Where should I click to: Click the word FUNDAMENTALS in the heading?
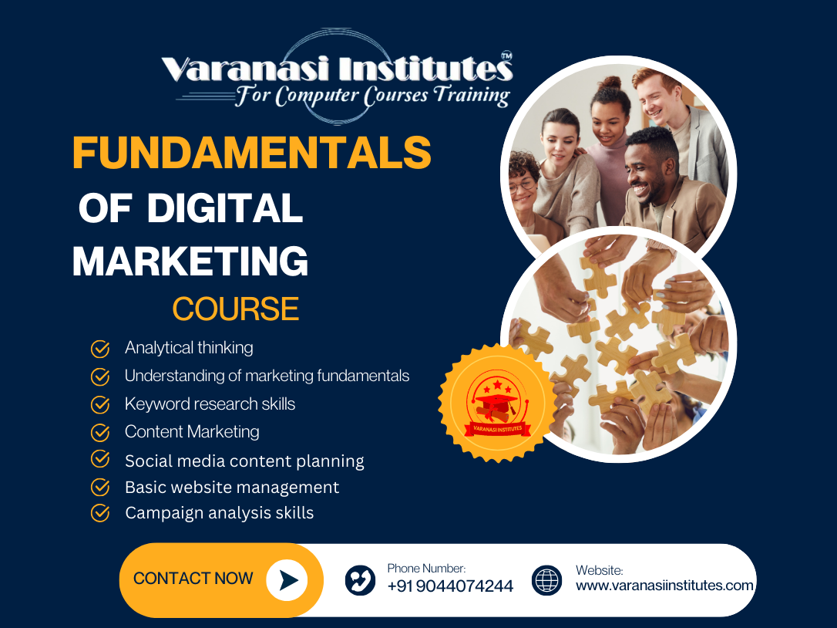pos(251,153)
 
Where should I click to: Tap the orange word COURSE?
pos(235,309)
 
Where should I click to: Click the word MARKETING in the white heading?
pos(190,261)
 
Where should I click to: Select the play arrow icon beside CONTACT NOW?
pos(287,580)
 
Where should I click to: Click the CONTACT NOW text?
pos(193,579)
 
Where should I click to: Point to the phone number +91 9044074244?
pos(450,586)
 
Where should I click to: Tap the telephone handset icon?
pos(360,580)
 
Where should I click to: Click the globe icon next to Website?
pos(547,580)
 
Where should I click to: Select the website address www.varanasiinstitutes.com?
pos(664,586)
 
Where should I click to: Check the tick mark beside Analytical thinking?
pos(100,349)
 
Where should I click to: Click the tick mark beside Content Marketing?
pos(100,432)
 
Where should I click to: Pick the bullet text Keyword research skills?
pos(210,404)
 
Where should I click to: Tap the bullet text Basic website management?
pos(232,488)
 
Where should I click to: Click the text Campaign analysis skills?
pos(220,513)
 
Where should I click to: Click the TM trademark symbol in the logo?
pos(506,56)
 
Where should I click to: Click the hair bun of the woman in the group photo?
pos(610,83)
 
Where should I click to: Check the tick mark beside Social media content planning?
pos(100,459)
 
